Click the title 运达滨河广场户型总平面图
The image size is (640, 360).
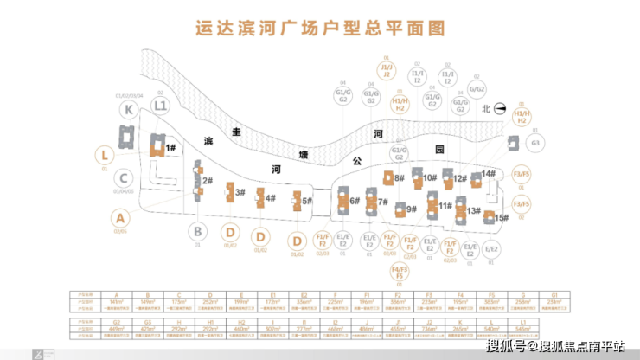click(320, 29)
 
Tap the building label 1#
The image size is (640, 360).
click(171, 148)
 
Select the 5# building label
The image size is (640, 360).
click(307, 201)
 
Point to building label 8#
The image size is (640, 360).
click(400, 177)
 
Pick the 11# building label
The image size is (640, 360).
click(446, 205)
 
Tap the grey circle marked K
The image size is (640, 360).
click(129, 109)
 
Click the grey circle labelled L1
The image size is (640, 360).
click(160, 106)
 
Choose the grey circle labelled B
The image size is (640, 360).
click(197, 231)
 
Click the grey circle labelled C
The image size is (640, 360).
click(125, 177)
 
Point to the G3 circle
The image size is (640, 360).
click(535, 143)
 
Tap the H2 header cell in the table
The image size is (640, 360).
click(239, 320)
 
